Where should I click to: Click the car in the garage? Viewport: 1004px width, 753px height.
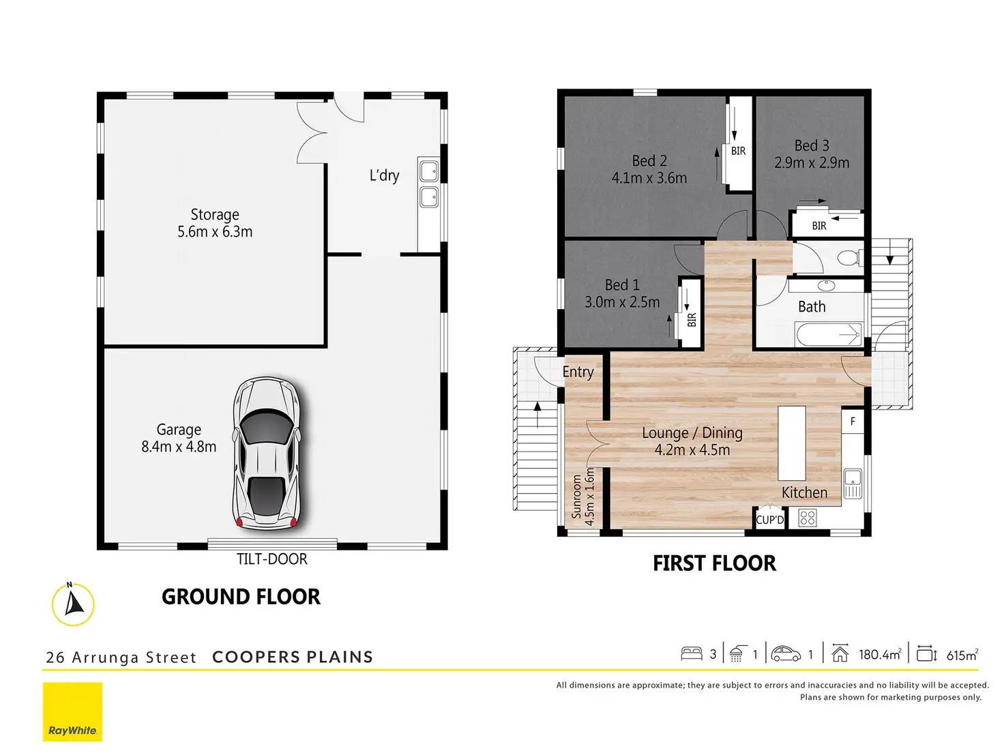pos(267,454)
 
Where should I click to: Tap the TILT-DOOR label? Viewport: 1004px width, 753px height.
pos(272,559)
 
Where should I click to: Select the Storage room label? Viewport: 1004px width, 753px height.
pos(215,214)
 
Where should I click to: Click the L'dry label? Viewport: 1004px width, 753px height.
pos(384,175)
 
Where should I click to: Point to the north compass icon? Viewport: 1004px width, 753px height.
pos(73,604)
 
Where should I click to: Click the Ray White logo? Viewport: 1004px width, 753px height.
pos(72,711)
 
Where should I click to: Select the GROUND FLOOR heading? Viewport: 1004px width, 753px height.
pos(241,597)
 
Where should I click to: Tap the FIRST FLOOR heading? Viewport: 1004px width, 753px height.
pos(715,563)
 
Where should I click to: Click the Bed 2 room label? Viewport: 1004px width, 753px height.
pos(649,160)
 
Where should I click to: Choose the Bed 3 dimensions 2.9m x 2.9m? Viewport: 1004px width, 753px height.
pos(812,163)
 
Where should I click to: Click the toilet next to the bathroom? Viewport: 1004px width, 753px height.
pos(851,257)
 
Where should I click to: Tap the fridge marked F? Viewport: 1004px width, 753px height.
pos(853,421)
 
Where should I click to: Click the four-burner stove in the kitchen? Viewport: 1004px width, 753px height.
pos(808,518)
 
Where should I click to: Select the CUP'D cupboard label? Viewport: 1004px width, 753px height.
pos(770,520)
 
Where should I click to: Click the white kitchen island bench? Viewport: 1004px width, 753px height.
pos(792,443)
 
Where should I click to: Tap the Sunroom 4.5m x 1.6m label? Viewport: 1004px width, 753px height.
pos(583,497)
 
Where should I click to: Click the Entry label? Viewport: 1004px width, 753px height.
pos(578,372)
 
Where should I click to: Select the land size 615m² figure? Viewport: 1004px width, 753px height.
pos(962,655)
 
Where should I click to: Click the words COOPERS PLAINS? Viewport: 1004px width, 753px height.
pos(293,657)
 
